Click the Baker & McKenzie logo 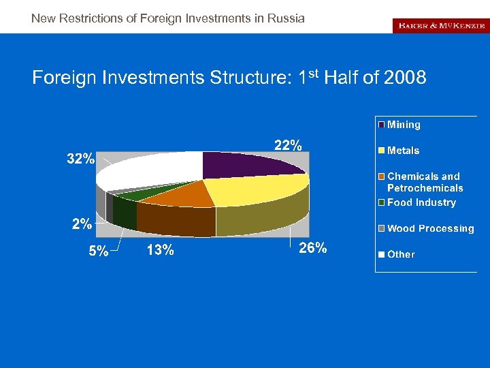point(440,25)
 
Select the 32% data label point(80,159)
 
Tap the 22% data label point(288,145)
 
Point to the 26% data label point(312,248)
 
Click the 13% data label point(160,250)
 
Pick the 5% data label point(98,251)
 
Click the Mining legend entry point(403,125)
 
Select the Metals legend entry point(402,151)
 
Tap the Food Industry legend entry point(421,202)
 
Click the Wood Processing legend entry point(429,228)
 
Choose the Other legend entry point(400,254)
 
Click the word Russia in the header point(287,18)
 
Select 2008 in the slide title point(405,78)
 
